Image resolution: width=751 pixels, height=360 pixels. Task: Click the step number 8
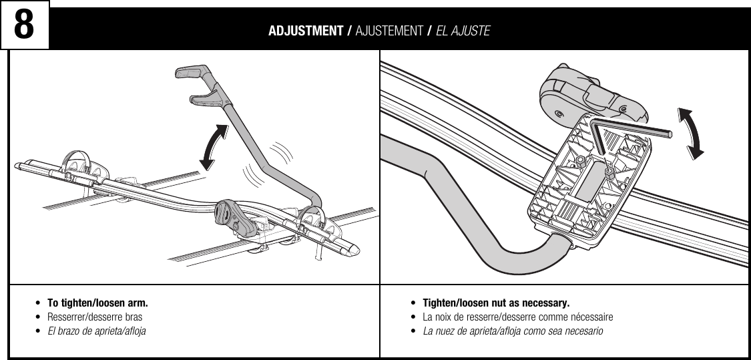point(25,25)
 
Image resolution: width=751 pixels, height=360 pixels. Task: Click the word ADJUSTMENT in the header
point(306,31)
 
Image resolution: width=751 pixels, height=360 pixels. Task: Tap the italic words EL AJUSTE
point(463,31)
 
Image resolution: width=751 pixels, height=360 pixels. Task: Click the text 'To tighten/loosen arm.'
point(97,303)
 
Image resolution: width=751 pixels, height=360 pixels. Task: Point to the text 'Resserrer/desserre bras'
point(94,317)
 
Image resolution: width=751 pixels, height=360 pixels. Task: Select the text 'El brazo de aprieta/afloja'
point(96,331)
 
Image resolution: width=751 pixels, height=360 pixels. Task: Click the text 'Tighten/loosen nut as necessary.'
point(496,303)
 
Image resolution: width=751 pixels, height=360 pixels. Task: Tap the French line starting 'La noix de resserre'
point(518,317)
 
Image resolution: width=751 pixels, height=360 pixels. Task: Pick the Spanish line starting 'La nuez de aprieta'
point(513,331)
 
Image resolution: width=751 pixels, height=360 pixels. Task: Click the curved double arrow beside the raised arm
point(214,146)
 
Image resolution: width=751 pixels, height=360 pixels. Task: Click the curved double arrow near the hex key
point(691,134)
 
